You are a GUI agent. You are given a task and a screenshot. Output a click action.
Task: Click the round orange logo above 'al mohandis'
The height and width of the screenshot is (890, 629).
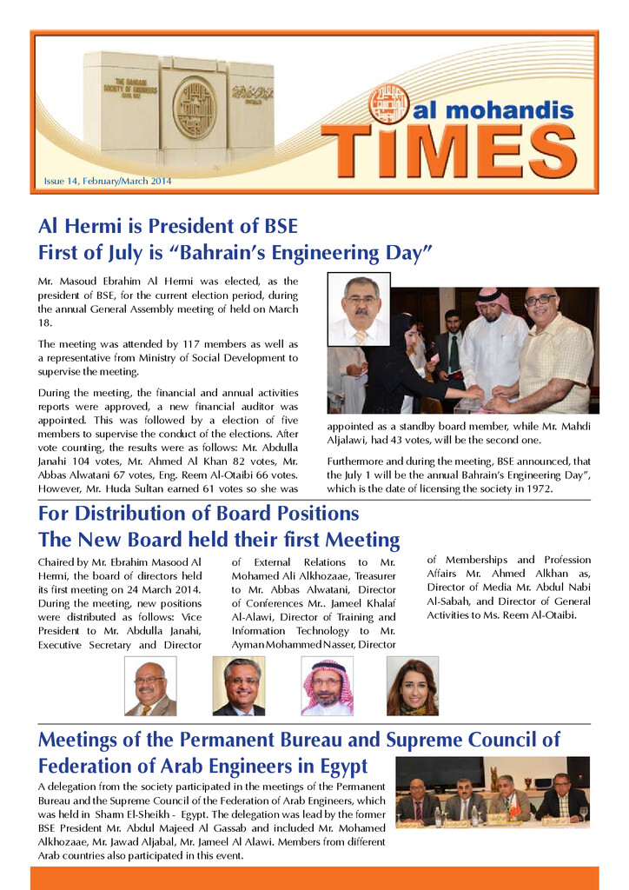pos(388,103)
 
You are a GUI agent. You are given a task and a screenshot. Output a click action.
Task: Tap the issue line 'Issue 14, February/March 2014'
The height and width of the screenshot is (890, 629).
pos(108,182)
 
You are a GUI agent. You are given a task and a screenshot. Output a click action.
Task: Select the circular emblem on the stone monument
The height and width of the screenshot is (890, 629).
pos(194,109)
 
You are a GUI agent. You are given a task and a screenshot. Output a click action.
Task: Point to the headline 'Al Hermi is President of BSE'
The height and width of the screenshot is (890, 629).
pos(168,227)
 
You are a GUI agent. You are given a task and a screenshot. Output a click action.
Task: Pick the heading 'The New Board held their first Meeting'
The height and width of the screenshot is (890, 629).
pos(219,540)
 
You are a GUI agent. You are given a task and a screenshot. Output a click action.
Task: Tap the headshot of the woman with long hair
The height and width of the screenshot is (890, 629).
pos(412,686)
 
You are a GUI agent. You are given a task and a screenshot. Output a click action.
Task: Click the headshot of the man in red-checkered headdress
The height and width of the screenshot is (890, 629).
pos(328,686)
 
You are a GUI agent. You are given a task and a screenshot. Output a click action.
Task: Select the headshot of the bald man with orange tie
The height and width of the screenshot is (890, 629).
pos(150,686)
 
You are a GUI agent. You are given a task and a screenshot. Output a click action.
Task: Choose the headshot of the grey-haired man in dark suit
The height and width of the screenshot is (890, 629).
pos(239,686)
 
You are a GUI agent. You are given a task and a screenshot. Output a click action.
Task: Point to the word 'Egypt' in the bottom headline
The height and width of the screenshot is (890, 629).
pos(341,767)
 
